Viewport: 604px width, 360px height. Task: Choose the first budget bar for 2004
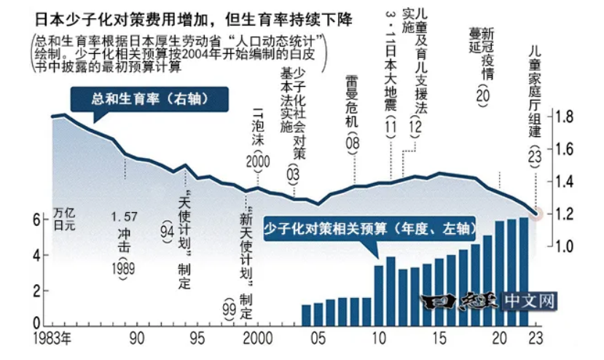pos(307,314)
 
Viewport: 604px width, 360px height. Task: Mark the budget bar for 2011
pos(391,290)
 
